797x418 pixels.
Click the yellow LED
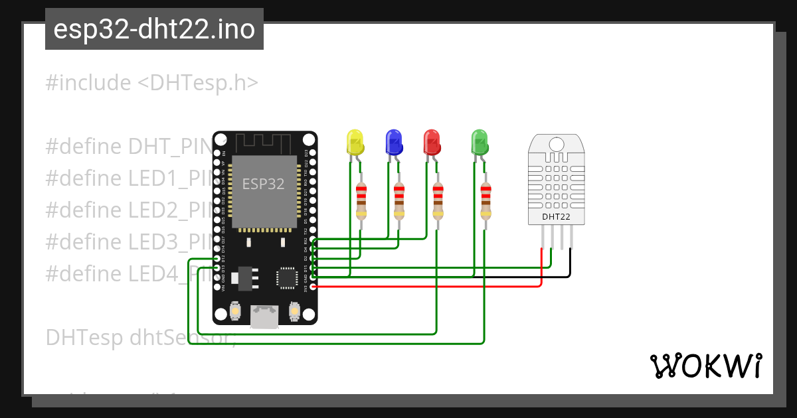click(x=355, y=142)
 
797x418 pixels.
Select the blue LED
click(x=394, y=142)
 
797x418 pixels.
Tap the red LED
click(x=432, y=142)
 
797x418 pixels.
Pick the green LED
click(x=479, y=142)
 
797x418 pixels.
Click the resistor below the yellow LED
click(x=361, y=201)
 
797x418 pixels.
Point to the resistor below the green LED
click(x=486, y=201)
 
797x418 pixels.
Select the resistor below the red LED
click(x=438, y=201)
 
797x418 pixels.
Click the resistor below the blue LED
click(x=399, y=201)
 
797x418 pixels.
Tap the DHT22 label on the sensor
click(x=556, y=216)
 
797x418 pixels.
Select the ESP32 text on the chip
click(x=263, y=184)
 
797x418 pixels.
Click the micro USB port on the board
click(x=264, y=317)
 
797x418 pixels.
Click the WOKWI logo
click(x=705, y=366)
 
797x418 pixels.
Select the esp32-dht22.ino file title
click(x=154, y=30)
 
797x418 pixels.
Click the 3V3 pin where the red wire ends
click(x=313, y=287)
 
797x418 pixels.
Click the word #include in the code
click(x=88, y=83)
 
